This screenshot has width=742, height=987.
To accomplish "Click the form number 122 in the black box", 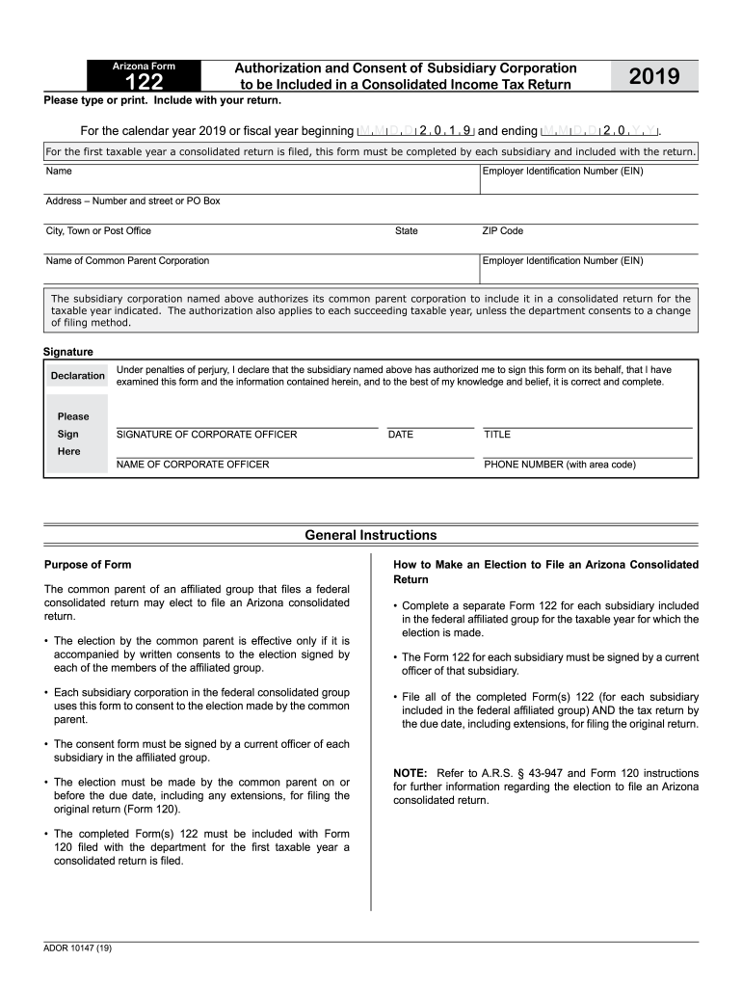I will tap(145, 84).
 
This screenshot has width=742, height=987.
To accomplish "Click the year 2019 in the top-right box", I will tap(654, 76).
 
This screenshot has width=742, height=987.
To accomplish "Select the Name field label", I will tap(59, 172).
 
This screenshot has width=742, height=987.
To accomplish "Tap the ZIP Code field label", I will tap(502, 231).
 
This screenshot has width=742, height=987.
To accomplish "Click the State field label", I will tap(407, 231).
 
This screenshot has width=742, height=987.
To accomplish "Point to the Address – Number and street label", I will tap(133, 201).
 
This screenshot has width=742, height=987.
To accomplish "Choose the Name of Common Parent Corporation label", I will tap(127, 261).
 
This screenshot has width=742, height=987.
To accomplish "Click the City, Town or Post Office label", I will tap(98, 231).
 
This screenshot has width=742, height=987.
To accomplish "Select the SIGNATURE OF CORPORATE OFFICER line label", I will tap(206, 435).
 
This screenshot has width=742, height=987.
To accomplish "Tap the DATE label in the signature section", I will tap(400, 435).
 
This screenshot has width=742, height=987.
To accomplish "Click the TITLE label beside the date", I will tap(497, 435).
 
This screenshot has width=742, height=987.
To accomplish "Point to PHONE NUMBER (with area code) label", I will tap(559, 465).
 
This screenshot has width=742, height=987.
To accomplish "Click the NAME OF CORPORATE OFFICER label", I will tap(193, 465).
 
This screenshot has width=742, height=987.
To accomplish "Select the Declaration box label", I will tap(78, 375).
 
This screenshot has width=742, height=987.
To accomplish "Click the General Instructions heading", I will tap(370, 535).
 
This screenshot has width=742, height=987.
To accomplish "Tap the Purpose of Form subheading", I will tap(88, 565).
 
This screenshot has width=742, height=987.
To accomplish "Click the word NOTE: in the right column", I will tap(411, 773).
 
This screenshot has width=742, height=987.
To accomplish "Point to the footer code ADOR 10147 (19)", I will tap(78, 949).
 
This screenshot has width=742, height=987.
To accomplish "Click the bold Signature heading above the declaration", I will tap(68, 352).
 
